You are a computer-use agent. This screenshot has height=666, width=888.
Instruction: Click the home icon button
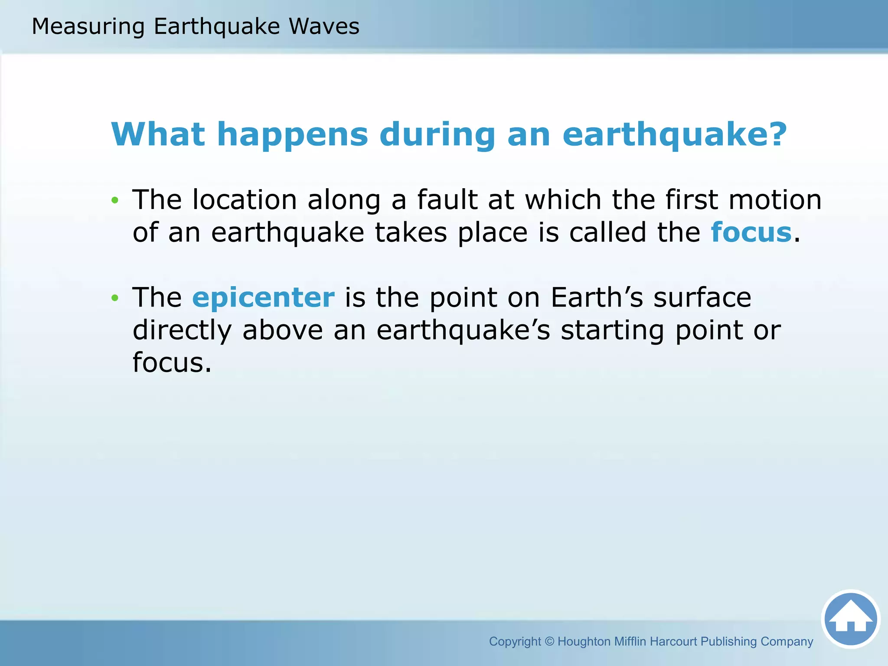(850, 619)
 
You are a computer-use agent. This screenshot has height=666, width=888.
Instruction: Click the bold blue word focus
(751, 232)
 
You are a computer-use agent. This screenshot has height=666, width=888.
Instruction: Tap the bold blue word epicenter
(263, 297)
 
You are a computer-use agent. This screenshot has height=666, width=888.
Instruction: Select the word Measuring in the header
(88, 26)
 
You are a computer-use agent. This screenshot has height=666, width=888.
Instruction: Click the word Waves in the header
(324, 26)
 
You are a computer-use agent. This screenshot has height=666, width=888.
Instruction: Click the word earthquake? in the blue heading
(674, 135)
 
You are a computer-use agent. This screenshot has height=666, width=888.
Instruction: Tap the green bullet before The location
(114, 200)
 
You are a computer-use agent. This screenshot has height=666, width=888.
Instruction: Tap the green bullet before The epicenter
(114, 298)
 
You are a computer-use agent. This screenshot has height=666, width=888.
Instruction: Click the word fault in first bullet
(447, 200)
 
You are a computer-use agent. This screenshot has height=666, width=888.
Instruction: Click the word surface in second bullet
(702, 297)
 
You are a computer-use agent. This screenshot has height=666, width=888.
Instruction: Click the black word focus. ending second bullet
(172, 362)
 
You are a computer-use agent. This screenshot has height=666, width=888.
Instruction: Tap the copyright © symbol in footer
(549, 641)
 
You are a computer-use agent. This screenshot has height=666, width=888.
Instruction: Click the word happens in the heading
(293, 135)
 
